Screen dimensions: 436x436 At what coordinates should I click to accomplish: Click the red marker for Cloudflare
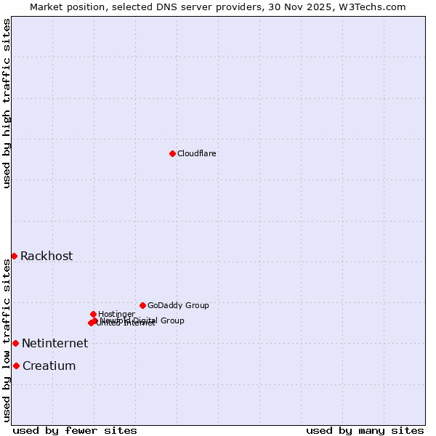coord(172,153)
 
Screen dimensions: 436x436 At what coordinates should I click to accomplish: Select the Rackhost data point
coord(14,256)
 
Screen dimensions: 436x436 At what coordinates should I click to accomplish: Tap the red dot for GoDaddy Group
coord(142,305)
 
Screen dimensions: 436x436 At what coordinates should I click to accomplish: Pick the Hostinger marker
coord(93,314)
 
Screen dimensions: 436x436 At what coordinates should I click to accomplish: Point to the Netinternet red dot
coord(15,343)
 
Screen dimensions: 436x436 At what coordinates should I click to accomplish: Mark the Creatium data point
coord(16,366)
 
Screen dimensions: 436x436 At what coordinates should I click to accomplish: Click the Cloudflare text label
coord(197,153)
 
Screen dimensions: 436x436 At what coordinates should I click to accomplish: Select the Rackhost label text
coord(47,256)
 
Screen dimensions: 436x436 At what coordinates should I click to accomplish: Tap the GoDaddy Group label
coord(178,305)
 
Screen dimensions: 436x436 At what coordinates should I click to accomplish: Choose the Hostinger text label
coord(116,314)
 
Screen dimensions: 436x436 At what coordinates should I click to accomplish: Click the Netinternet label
coord(54,343)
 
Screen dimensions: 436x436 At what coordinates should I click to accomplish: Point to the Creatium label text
coord(49,366)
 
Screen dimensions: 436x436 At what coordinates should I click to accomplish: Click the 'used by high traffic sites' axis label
coord(7,104)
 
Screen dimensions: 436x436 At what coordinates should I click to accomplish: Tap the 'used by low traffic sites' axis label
coord(7,340)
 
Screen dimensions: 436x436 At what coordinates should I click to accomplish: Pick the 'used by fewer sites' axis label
coord(75,430)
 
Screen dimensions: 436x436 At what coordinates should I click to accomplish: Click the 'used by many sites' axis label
coord(365,430)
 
